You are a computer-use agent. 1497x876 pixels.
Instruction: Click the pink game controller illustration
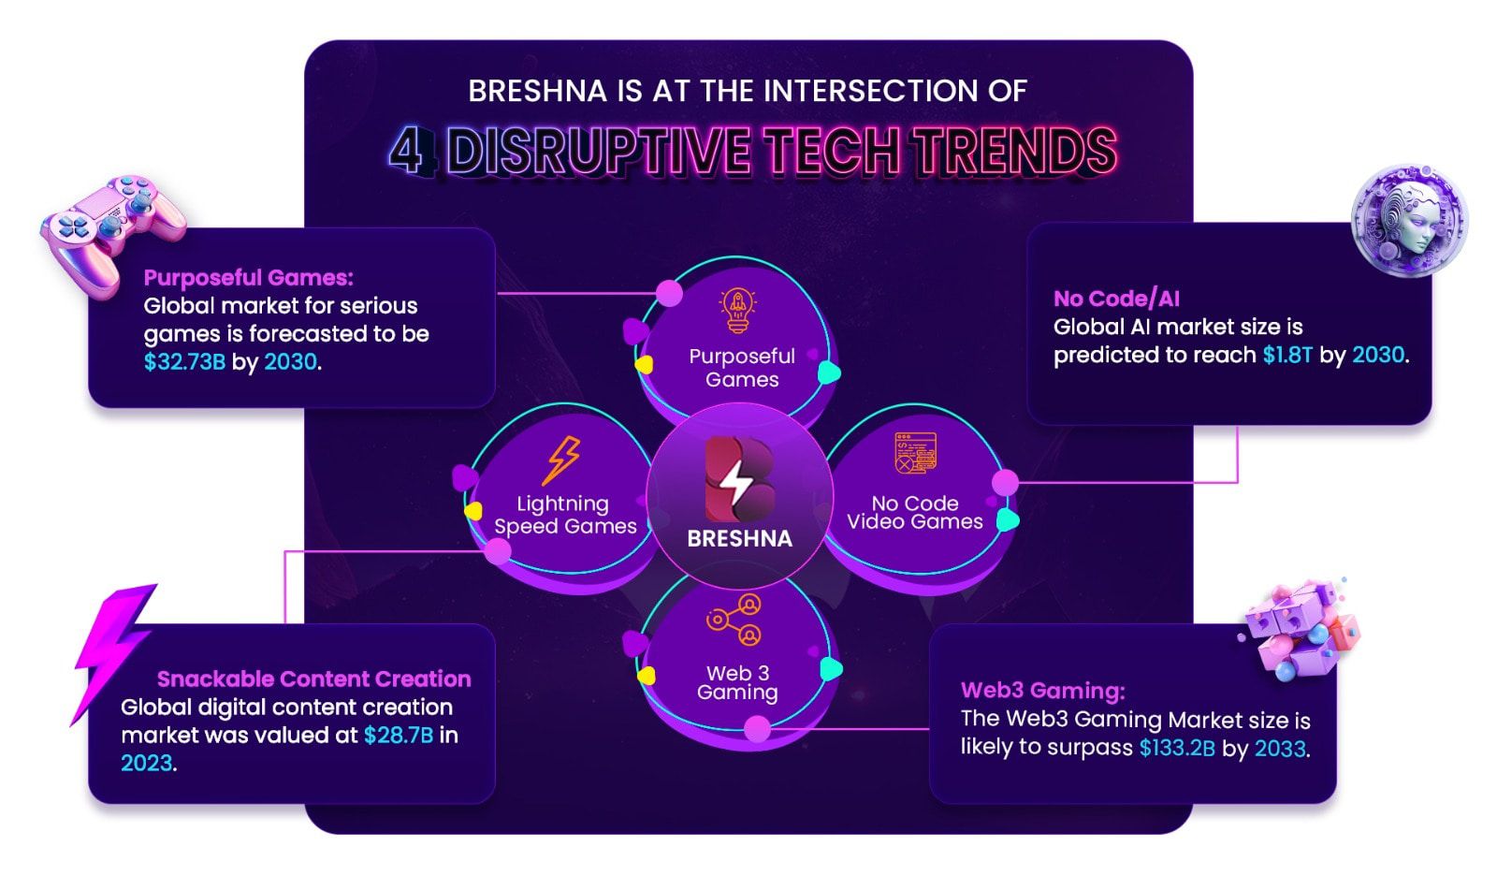112,231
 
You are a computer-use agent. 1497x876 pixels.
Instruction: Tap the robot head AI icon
1409,221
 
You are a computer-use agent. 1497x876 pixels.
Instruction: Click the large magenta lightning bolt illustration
112,652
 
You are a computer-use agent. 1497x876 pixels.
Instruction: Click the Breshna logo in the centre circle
739,479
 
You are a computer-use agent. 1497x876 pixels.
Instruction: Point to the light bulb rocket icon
737,311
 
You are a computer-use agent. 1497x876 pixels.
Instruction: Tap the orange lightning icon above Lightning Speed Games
562,460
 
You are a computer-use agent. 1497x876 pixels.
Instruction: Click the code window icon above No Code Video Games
915,453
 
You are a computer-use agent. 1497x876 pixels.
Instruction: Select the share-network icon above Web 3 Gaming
734,620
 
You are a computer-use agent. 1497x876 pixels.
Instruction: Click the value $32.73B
184,362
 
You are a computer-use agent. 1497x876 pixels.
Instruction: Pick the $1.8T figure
1287,355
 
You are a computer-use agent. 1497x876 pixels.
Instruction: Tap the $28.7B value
399,735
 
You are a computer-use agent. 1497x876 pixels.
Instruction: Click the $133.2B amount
1177,748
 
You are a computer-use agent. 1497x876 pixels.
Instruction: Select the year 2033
1280,748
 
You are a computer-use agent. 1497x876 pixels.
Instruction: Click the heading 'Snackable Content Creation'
314,679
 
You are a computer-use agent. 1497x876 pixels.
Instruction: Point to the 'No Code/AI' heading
1117,299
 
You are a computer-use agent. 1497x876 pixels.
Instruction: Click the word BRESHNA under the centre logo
740,538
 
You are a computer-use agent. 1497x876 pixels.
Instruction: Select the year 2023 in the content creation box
146,763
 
